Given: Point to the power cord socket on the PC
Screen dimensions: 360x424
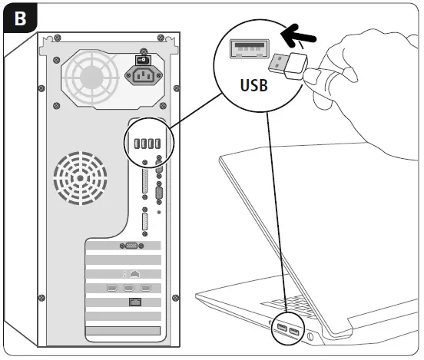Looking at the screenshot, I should point(142,77).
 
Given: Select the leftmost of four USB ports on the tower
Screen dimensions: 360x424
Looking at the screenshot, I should point(136,144).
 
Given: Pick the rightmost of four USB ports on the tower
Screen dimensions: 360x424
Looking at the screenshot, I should point(158,144).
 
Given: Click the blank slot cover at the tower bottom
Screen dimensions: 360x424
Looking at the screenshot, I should point(123,332).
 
